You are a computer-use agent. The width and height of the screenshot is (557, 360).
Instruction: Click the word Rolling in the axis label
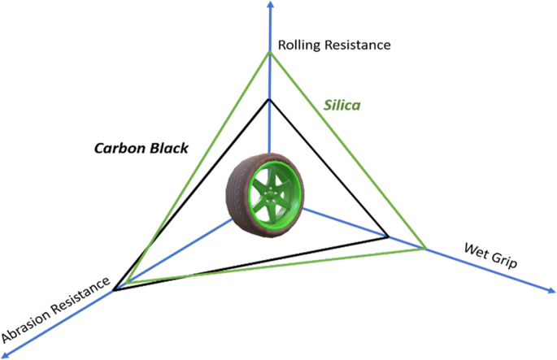click(x=298, y=44)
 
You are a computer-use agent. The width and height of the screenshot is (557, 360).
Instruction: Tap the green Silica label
click(x=342, y=106)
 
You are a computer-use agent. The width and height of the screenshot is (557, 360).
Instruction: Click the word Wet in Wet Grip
click(x=476, y=249)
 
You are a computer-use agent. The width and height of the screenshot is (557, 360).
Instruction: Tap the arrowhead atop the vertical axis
click(x=270, y=6)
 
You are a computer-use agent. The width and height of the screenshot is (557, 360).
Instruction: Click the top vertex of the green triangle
click(x=269, y=53)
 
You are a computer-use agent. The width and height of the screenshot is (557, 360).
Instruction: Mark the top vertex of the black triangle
click(x=269, y=99)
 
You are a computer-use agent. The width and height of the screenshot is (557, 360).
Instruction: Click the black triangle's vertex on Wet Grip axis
click(x=388, y=237)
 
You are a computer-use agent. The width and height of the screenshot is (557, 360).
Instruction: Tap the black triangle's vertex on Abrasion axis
click(x=115, y=289)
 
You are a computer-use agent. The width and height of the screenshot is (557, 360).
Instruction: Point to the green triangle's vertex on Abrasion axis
click(x=128, y=282)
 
